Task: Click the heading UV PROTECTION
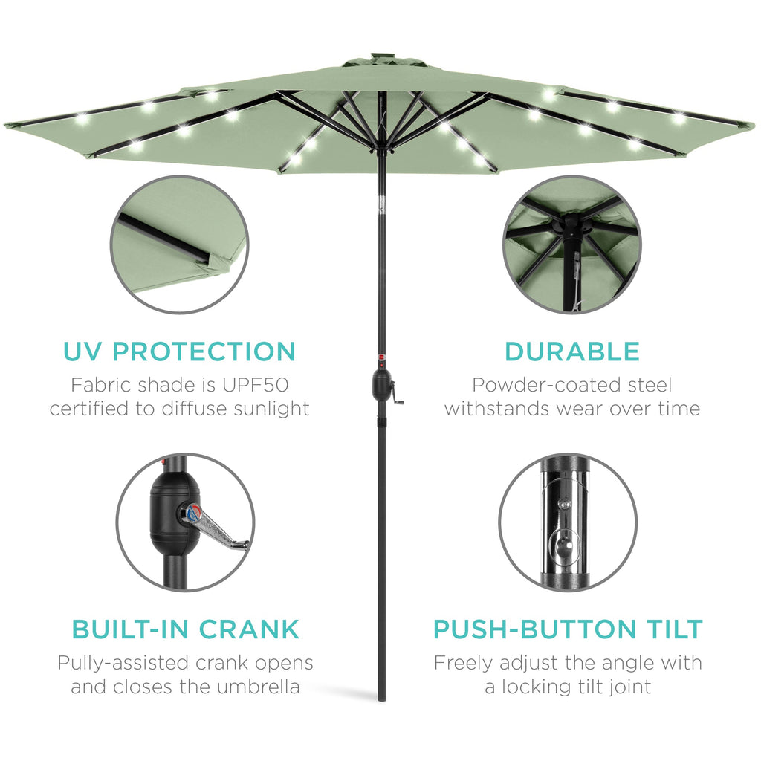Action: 180,351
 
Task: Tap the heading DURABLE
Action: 571,351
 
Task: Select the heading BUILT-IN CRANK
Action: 185,629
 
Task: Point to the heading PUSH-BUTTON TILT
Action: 568,629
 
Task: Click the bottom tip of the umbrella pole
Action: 382,699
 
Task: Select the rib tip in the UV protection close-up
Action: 202,256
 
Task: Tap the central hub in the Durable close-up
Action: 571,223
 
